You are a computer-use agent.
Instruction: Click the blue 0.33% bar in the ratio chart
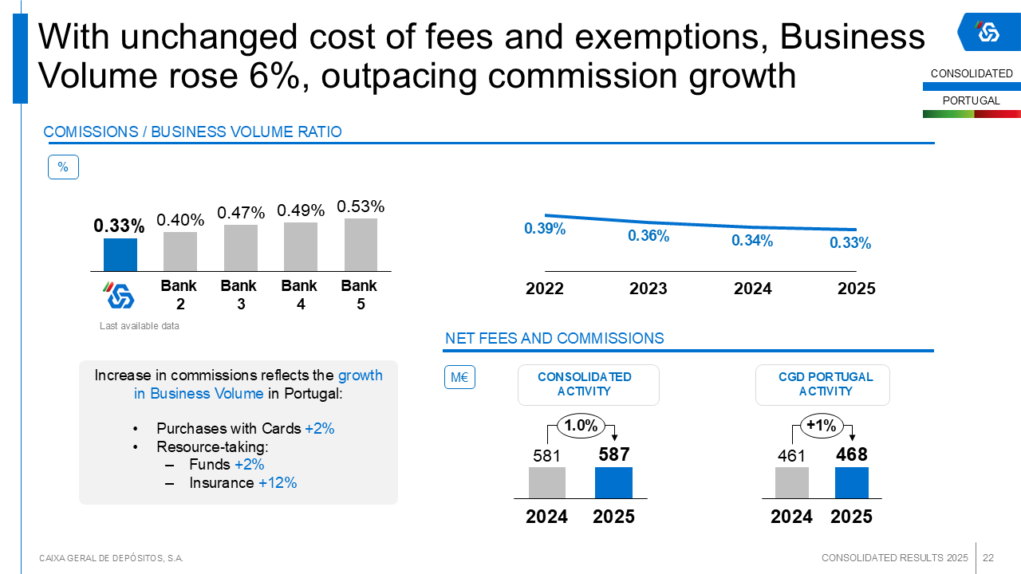(120, 255)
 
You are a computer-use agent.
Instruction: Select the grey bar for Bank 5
(361, 245)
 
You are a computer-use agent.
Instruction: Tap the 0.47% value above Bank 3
(241, 213)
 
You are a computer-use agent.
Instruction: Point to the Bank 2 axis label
(179, 294)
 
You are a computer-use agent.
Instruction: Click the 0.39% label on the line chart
(545, 229)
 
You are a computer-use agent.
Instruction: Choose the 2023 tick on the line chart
(648, 289)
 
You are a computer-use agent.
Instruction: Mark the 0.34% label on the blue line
(752, 240)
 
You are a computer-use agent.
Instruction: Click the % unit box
(63, 167)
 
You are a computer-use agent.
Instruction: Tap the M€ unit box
(459, 377)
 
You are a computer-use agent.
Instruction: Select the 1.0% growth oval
(581, 426)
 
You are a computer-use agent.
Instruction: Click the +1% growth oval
(821, 426)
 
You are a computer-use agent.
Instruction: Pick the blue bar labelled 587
(613, 482)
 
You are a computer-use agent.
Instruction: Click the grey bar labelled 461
(791, 482)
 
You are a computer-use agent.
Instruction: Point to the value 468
(851, 454)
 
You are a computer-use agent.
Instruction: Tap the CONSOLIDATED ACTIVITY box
(588, 384)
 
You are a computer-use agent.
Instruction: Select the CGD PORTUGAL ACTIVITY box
(822, 384)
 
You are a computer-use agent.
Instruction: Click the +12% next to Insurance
(278, 483)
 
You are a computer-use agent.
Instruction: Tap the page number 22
(988, 557)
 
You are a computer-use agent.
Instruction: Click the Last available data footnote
(140, 326)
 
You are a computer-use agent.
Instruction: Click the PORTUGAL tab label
(972, 100)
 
